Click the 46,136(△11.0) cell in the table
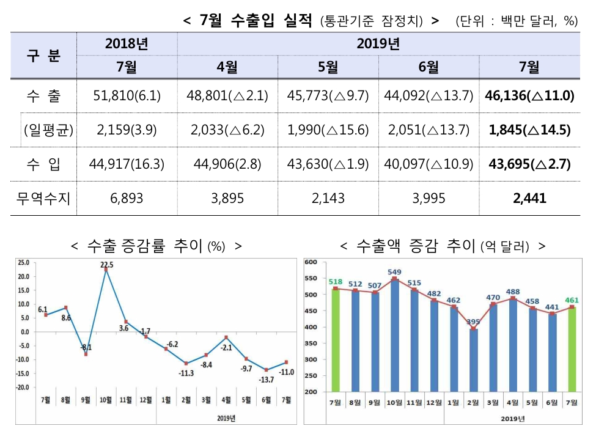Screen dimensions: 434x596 click(x=529, y=96)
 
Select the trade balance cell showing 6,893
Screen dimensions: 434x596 click(x=127, y=198)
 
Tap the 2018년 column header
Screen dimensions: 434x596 click(x=127, y=44)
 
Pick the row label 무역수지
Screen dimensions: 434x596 click(x=43, y=198)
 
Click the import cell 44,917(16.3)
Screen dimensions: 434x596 click(x=127, y=164)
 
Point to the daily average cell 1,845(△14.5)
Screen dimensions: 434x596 click(x=529, y=130)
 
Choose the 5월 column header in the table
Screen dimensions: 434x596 click(x=328, y=67)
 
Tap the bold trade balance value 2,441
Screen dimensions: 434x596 click(x=529, y=198)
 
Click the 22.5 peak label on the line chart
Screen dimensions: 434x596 click(x=106, y=265)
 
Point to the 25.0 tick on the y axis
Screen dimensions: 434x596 click(x=24, y=263)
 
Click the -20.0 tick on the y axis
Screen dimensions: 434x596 click(x=24, y=388)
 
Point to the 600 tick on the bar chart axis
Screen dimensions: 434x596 click(x=309, y=262)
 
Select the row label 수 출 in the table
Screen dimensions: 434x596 click(x=43, y=96)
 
